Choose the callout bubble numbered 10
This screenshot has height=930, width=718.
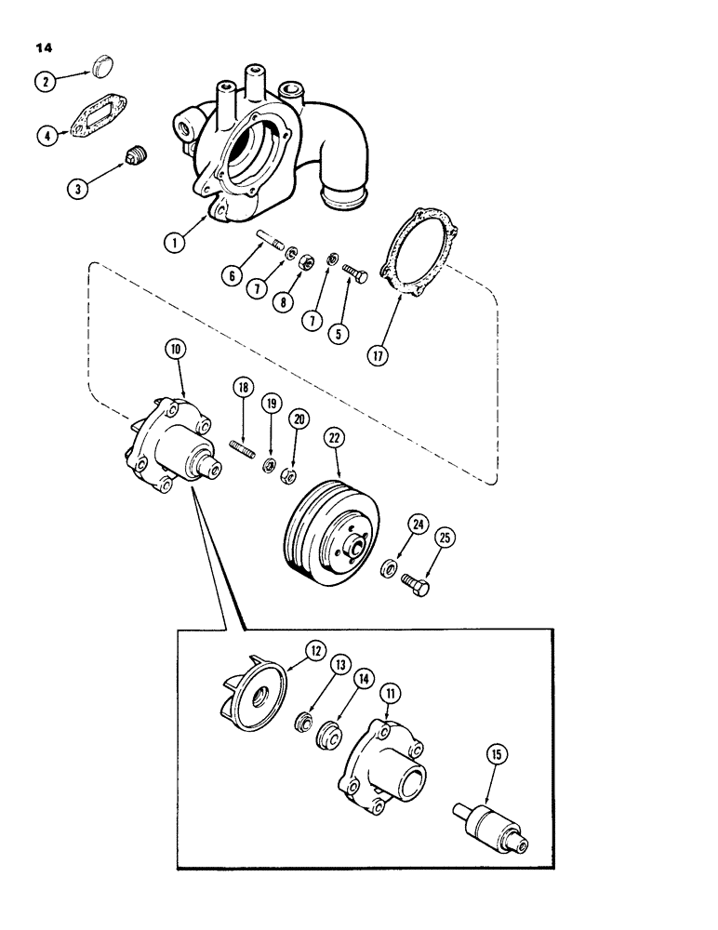(177, 351)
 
